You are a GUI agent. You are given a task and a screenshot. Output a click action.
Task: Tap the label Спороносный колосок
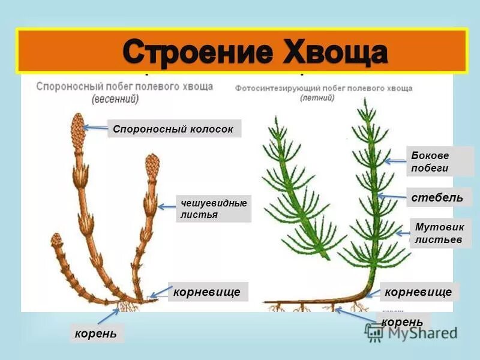tap(174, 128)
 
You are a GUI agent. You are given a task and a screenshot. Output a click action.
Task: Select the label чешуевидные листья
tap(213, 209)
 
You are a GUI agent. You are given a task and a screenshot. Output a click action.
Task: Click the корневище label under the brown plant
tap(207, 292)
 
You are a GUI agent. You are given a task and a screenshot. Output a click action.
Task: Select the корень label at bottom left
tap(96, 333)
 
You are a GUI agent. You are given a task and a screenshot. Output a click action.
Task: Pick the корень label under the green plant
tap(403, 322)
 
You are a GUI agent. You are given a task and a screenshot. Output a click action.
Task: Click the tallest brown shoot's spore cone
tap(78, 127)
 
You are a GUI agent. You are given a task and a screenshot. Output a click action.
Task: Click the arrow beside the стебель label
tap(394, 196)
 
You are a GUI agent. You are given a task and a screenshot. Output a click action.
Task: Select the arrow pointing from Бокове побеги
tap(396, 160)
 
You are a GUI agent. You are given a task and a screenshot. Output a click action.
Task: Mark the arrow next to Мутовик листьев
tap(403, 232)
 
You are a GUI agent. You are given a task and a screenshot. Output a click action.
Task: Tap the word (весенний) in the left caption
tap(115, 99)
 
